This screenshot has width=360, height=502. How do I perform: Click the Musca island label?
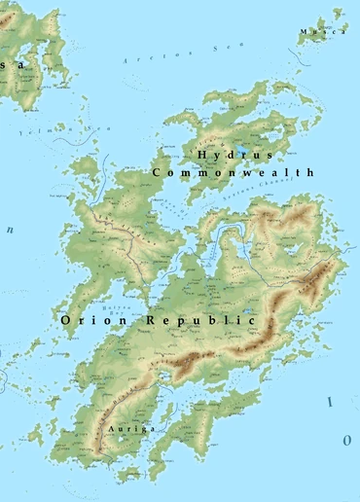point(322,32)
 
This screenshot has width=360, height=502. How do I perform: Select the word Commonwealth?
point(234,172)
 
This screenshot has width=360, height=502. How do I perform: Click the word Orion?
point(93,319)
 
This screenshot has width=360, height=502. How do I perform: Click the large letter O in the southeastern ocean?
point(346,440)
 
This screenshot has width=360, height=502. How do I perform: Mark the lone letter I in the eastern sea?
point(330,401)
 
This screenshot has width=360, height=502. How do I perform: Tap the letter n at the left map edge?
point(11,231)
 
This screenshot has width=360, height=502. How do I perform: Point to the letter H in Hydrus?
point(201,155)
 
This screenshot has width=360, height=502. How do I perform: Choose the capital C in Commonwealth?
point(157,172)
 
